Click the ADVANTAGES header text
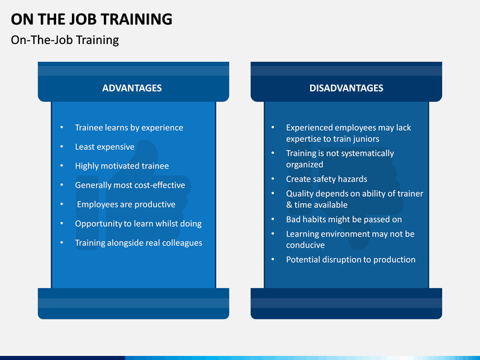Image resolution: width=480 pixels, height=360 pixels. pos(132,88)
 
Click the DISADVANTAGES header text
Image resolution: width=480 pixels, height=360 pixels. pos(346,88)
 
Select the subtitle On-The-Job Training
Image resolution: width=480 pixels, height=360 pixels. pos(65,40)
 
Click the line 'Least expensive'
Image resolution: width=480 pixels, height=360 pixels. pos(105,147)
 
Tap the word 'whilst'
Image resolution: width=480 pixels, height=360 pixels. pos(167,223)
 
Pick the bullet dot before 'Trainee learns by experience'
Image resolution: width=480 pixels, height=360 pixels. pos(62,127)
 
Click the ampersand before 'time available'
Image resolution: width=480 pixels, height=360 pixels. pos(289,205)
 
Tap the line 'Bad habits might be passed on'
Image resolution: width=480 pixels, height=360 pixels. pos(344,219)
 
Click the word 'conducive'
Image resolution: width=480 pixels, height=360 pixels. pos(305,245)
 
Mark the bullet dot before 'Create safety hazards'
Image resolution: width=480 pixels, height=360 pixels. pos(273,179)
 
